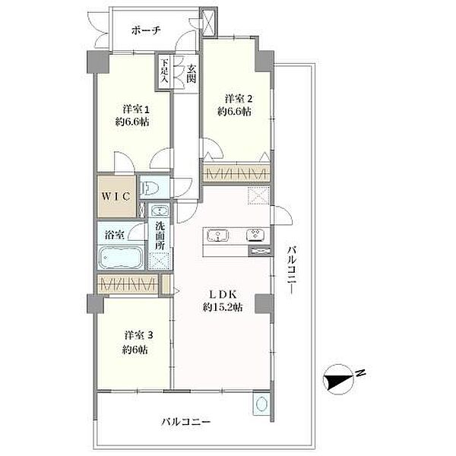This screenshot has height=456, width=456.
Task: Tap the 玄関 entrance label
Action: pos(191,73)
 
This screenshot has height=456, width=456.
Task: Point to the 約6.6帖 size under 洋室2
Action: pos(234,111)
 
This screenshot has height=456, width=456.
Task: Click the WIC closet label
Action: pos(116,195)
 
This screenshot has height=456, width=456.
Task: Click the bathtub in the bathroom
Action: pos(121,259)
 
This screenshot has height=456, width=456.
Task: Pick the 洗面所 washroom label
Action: pos(160,236)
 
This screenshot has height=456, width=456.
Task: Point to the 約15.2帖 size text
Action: pos(218,308)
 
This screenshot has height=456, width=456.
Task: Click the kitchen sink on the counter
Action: pos(217,235)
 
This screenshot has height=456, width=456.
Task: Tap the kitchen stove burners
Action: pos(257,235)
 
